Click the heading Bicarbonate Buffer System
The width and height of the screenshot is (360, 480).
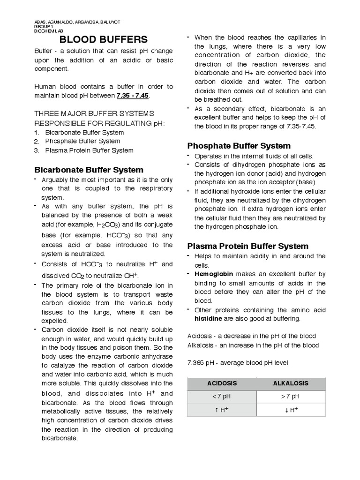(x=89, y=170)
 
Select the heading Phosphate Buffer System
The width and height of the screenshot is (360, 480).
(x=239, y=146)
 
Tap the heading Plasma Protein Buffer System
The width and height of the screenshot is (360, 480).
(x=248, y=246)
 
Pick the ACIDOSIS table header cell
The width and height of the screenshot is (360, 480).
(x=222, y=383)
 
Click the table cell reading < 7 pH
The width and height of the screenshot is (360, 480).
(x=222, y=396)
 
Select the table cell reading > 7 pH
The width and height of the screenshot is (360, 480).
(x=291, y=396)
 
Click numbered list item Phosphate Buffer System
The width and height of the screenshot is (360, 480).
(x=82, y=141)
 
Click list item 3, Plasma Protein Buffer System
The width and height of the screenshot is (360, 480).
(x=89, y=150)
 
